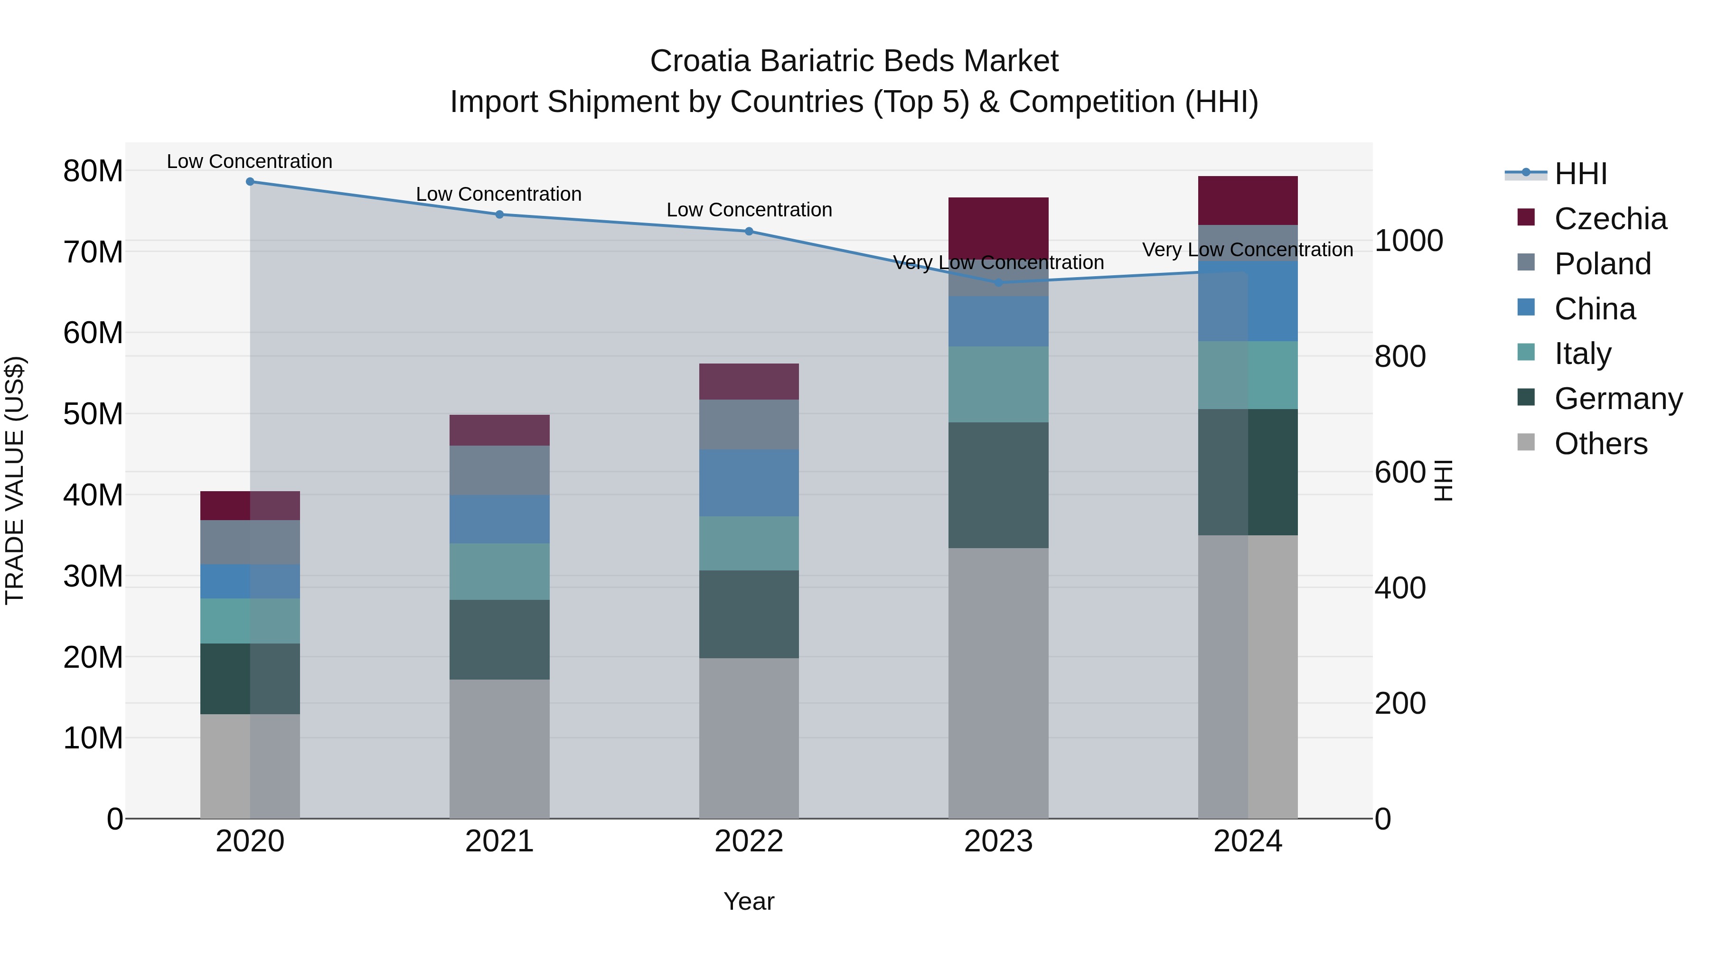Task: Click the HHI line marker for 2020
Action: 250,182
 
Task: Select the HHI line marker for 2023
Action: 998,282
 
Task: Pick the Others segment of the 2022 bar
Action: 749,737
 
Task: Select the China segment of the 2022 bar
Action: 749,483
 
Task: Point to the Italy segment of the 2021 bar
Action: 499,572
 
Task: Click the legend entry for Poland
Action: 1602,264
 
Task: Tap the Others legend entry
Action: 1600,444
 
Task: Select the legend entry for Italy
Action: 1582,354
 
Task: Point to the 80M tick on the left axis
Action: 93,171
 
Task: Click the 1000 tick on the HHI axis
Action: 1408,240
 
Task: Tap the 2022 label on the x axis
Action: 749,841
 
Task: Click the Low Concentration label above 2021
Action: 499,194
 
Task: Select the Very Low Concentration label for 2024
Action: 1247,250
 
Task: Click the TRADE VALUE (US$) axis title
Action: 15,480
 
